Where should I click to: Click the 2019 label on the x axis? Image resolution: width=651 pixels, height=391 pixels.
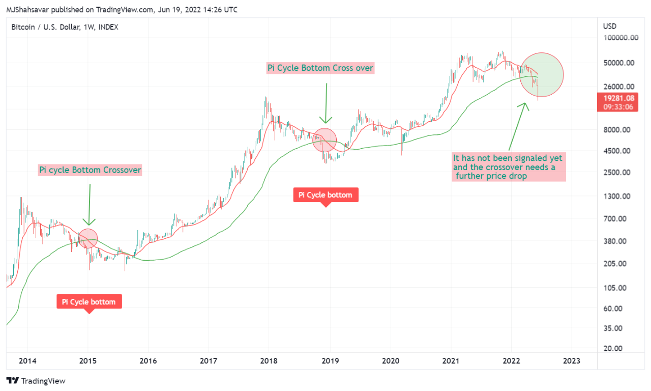[330, 361]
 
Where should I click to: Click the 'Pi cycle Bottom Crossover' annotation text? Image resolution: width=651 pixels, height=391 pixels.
[90, 170]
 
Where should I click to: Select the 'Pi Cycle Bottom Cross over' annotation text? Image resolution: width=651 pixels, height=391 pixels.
[320, 68]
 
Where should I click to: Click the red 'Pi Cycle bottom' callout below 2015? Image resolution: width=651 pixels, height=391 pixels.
[89, 302]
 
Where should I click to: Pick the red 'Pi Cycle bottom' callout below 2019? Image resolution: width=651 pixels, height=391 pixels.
[325, 195]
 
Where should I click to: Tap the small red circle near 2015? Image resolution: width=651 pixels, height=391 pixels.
[88, 239]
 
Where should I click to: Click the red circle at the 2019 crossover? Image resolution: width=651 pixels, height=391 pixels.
[324, 141]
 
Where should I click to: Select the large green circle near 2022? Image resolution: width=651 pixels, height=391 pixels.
[542, 75]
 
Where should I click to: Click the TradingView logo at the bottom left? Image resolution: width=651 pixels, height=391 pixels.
[36, 381]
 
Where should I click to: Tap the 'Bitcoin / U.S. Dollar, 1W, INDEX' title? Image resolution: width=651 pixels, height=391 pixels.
[65, 27]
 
